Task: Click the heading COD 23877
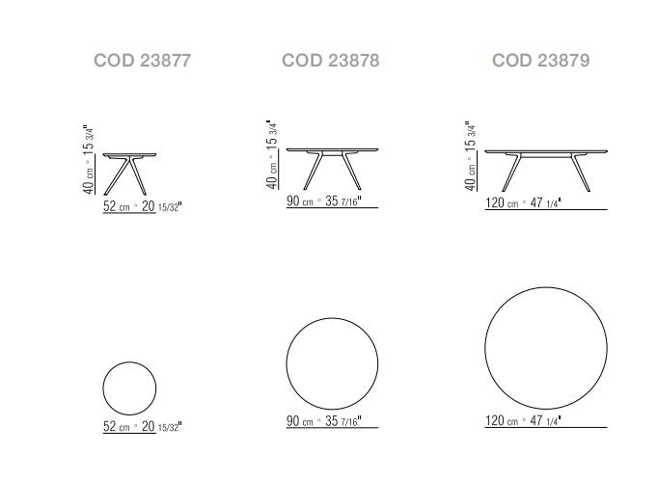coord(142,61)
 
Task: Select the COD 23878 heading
coord(331,61)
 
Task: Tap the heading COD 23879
coord(541,61)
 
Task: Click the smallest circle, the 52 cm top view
coord(103,388)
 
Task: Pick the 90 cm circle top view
coord(287,363)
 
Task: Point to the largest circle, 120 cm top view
coord(485,348)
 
